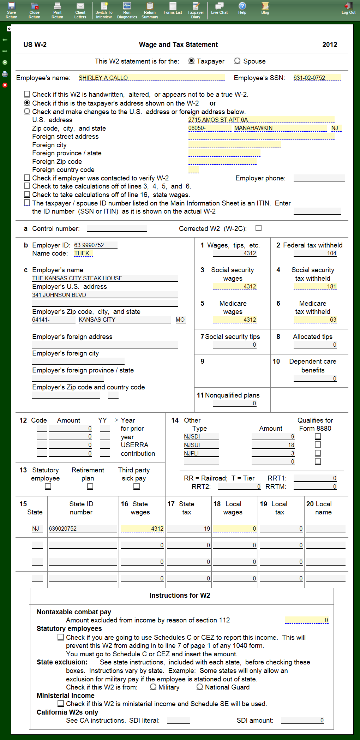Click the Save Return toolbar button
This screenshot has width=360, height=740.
coord(11,10)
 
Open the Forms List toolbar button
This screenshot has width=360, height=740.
coord(173,8)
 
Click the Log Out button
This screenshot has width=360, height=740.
coord(348,8)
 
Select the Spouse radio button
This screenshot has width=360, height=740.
coord(238,61)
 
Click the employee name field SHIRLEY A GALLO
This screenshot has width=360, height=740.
coord(151,78)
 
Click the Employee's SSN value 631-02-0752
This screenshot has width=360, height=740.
coord(317,78)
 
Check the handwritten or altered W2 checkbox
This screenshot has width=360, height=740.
coord(27,94)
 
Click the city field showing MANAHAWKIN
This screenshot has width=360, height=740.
coord(280,128)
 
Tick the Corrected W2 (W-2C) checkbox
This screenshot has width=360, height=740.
coord(259,228)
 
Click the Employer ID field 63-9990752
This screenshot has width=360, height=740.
coord(95,245)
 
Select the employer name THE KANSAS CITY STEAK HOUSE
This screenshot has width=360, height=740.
coord(105,278)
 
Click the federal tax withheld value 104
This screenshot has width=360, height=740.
coord(315,253)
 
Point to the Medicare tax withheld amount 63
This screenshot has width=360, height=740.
coord(315,320)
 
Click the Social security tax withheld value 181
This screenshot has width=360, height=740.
coord(315,286)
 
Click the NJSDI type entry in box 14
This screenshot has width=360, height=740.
coord(201,436)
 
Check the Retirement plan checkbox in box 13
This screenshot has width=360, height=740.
coord(90,486)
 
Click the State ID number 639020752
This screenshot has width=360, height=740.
coord(83,529)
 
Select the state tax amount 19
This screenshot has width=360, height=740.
coord(189,529)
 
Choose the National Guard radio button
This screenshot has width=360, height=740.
coord(200,687)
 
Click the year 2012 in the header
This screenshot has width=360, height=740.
coord(330,44)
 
